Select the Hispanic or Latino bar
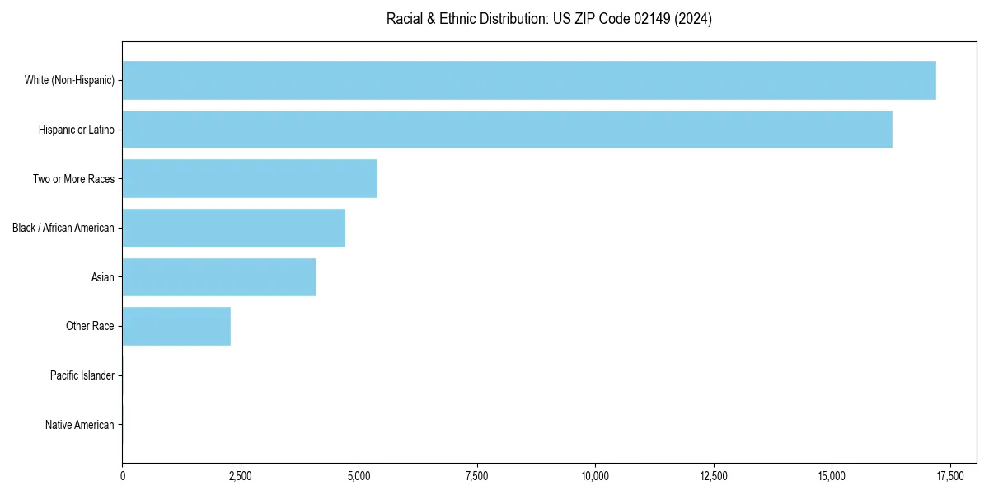pos(507,130)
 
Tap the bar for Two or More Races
pos(250,179)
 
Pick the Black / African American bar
pos(233,229)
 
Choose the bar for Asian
pos(219,277)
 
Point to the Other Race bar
pos(176,327)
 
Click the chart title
pos(549,19)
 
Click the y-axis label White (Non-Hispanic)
pos(69,80)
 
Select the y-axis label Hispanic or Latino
pos(77,130)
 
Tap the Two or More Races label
pos(73,179)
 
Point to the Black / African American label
pos(63,228)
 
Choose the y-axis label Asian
pos(103,277)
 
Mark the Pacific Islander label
pos(82,376)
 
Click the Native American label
pos(80,425)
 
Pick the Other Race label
pos(90,327)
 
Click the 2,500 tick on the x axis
pos(241,476)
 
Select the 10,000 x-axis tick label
pos(595,476)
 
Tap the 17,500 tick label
pos(950,476)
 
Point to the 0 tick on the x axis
pos(123,476)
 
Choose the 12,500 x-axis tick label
pos(714,476)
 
